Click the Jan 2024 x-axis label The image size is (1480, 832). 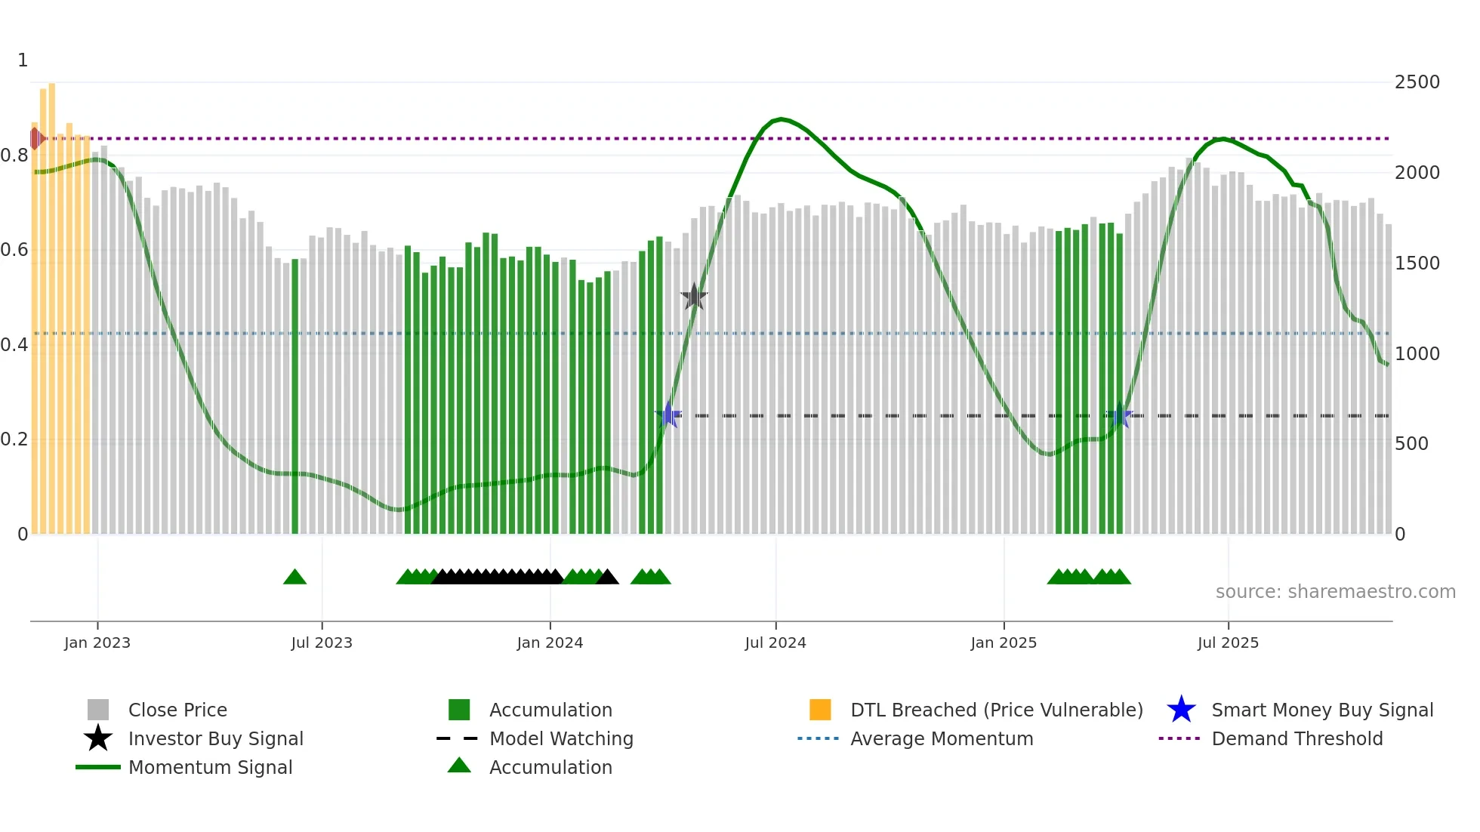click(x=550, y=642)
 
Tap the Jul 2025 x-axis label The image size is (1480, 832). click(x=1228, y=642)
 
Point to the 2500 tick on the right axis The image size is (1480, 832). click(x=1417, y=82)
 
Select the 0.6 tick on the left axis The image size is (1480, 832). click(x=15, y=250)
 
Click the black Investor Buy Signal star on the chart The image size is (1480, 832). click(x=693, y=297)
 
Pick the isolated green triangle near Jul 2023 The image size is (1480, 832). click(x=294, y=578)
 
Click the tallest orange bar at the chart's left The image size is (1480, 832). click(x=51, y=302)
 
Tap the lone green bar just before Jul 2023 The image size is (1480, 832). click(x=294, y=396)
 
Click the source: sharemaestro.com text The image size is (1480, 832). click(x=1335, y=592)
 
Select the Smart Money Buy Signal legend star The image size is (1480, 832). click(x=1181, y=710)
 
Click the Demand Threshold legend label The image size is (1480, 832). click(x=1297, y=738)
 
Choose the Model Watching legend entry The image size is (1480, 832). click(x=560, y=738)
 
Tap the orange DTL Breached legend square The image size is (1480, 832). click(x=820, y=710)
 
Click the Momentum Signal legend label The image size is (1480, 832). click(x=210, y=767)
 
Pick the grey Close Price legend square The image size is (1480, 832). click(x=98, y=710)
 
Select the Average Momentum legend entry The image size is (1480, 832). click(x=941, y=738)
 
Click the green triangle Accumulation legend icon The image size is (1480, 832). click(x=459, y=766)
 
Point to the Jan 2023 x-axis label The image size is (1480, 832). click(x=97, y=642)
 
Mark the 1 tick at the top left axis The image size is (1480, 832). click(x=23, y=60)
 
